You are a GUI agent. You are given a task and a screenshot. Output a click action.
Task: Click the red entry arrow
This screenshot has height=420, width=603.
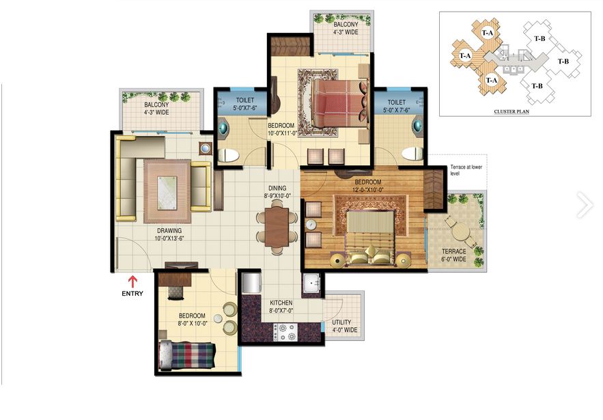tap(132, 281)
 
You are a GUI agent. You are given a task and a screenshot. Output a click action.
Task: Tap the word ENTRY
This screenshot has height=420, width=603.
tap(132, 294)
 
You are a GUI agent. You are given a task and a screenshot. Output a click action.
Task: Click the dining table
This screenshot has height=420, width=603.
tap(277, 227)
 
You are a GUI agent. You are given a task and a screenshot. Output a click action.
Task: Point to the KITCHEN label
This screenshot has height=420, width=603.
tap(281, 303)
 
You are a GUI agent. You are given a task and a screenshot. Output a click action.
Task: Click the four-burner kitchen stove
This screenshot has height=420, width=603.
tap(285, 333)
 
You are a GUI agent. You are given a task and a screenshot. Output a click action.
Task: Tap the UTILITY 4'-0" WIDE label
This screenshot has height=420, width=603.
tap(345, 326)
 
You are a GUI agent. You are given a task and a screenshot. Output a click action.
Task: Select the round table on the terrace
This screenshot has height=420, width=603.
tap(460, 232)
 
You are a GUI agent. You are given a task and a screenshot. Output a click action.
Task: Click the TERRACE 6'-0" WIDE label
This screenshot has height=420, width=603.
tap(454, 255)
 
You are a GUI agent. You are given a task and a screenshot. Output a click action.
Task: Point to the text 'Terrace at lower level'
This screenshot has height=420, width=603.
tap(466, 170)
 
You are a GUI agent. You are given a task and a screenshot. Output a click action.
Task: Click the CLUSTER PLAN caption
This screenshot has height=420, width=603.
tap(511, 111)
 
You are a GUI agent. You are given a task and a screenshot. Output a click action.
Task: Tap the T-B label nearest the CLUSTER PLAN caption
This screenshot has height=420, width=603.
tap(537, 86)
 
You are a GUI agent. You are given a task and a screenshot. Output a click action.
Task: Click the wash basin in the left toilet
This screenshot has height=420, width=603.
tap(223, 127)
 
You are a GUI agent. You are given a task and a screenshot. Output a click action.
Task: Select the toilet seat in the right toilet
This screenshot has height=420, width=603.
tap(412, 154)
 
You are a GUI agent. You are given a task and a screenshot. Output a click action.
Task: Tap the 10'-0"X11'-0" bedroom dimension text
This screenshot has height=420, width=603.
tap(283, 133)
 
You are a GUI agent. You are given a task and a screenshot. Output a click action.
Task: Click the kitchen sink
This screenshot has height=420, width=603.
tap(312, 283)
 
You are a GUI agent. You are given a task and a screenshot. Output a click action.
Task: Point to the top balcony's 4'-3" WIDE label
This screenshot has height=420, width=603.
tap(346, 32)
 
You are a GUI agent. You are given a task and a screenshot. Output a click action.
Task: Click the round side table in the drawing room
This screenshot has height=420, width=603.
tap(206, 148)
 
